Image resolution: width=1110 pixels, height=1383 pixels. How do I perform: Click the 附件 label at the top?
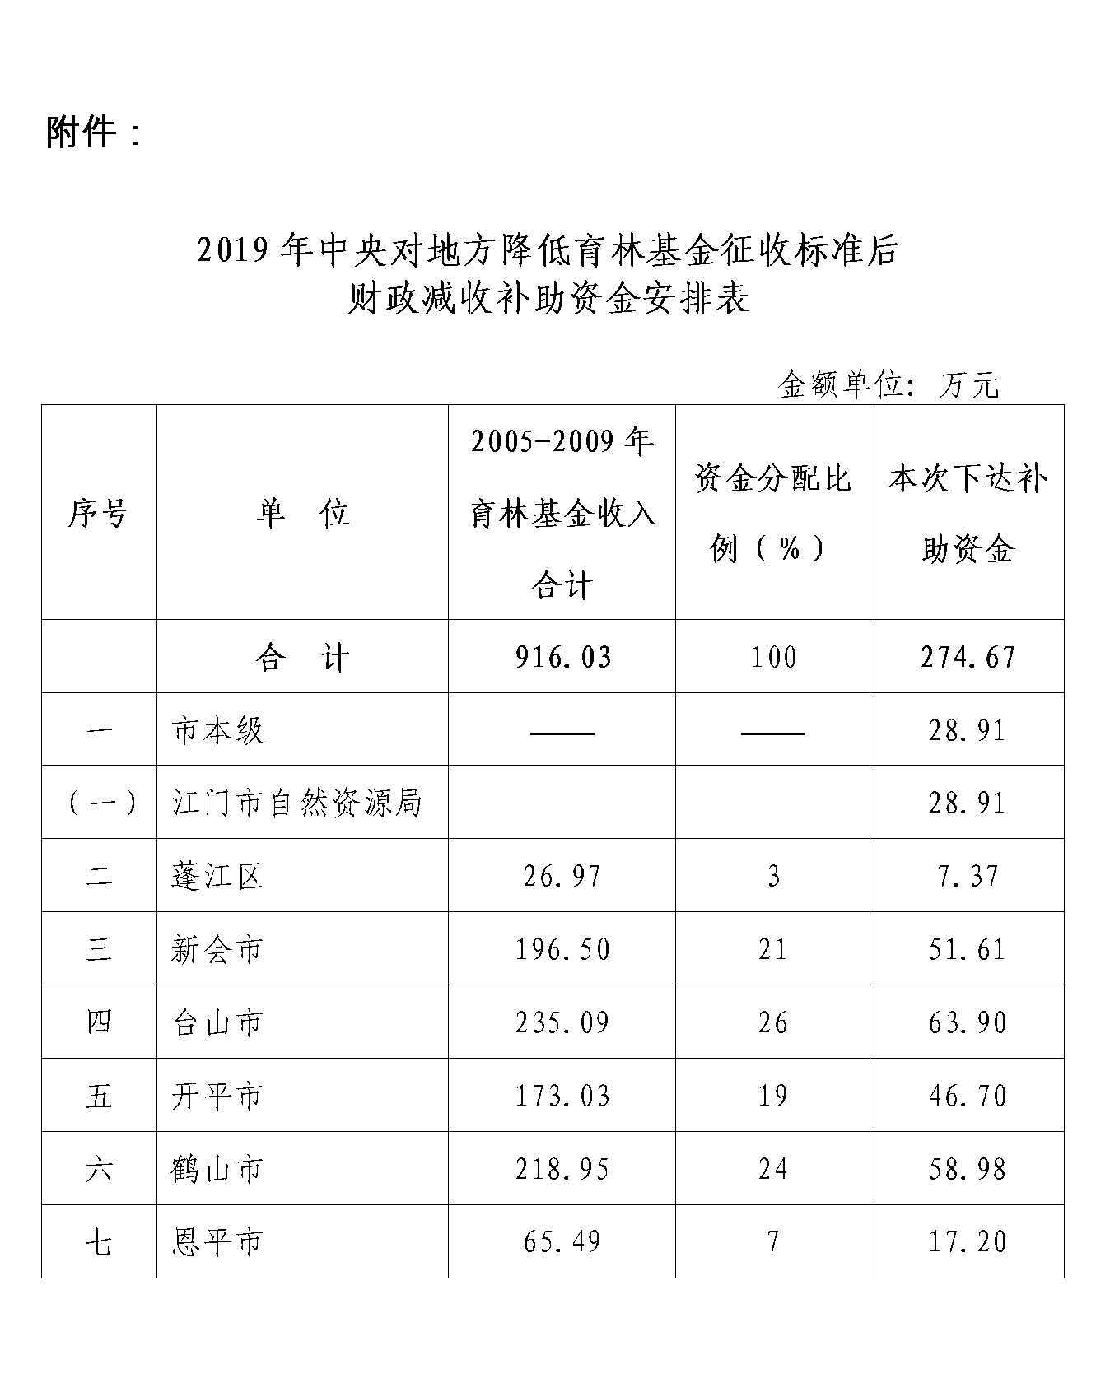coord(92,132)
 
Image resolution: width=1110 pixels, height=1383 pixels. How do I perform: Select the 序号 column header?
coord(99,513)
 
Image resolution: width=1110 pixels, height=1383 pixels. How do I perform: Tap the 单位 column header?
coord(302,513)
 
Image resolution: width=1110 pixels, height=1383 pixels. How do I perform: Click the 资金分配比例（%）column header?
coord(772,513)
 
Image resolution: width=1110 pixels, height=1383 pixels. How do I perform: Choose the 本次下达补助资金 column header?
coord(967,513)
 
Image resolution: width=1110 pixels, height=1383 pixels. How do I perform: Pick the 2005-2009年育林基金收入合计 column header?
coord(562,513)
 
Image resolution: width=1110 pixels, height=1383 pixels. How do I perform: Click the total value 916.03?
coord(563,657)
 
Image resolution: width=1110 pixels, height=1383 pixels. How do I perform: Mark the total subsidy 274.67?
coord(968,657)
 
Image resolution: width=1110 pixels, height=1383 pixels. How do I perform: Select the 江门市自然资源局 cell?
coord(296,803)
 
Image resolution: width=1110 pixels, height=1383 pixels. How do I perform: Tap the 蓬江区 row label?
coord(217,876)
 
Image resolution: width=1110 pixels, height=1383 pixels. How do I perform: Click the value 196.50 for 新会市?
coord(562,949)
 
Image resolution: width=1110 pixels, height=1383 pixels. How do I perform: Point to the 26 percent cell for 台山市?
coord(772,1022)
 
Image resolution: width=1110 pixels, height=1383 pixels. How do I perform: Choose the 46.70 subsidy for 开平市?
coord(968,1096)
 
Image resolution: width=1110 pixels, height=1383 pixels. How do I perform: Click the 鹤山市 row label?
coord(217,1169)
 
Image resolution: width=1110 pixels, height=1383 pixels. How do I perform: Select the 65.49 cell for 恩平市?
coord(562,1241)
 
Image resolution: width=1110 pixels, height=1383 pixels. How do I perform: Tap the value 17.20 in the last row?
coord(968,1241)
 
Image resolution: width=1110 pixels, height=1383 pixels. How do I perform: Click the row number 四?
coord(99,1022)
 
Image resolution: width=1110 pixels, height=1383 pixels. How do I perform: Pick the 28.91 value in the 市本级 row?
coord(968,730)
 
